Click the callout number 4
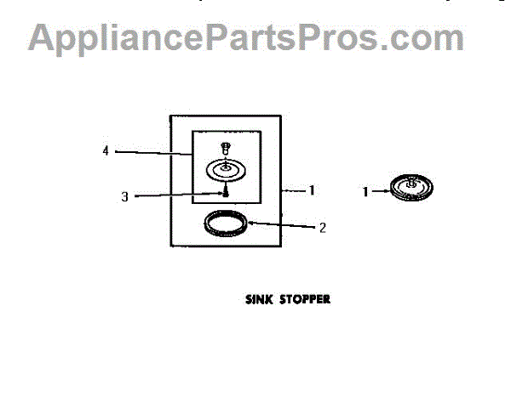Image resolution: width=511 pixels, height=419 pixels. (105, 151)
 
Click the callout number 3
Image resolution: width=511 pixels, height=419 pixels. (124, 196)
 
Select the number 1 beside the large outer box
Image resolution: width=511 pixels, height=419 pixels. (312, 191)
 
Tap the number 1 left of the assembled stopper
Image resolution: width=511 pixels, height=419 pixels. (366, 192)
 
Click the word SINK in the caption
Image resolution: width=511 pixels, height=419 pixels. (259, 299)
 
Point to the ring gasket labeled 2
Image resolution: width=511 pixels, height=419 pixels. (227, 226)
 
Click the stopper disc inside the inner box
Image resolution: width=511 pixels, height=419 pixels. (227, 169)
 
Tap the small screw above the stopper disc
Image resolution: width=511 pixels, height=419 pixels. (226, 148)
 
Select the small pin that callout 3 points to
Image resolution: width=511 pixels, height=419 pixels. (226, 193)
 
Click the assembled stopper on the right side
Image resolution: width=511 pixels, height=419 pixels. (411, 188)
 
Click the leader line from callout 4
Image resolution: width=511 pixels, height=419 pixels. (153, 153)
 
